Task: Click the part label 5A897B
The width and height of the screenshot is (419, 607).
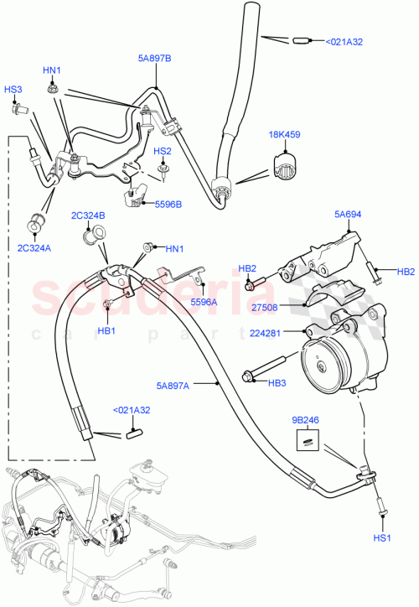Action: click(154, 60)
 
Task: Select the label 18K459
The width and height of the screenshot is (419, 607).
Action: click(285, 133)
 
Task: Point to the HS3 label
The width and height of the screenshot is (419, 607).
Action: click(13, 90)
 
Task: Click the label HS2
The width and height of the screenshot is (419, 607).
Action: click(162, 151)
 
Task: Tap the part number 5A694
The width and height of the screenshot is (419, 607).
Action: click(347, 215)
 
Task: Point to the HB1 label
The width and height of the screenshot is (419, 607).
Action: click(106, 330)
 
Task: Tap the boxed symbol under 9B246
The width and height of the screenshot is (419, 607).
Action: click(308, 437)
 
